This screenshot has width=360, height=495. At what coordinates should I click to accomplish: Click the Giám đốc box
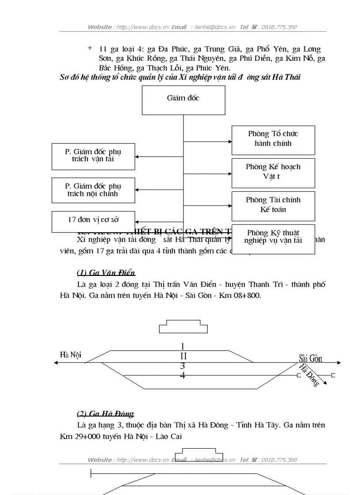183,100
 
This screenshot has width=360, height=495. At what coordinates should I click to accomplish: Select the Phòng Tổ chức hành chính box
273,140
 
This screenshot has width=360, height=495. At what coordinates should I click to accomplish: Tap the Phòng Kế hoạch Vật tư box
273,173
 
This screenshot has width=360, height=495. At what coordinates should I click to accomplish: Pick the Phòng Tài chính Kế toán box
273,206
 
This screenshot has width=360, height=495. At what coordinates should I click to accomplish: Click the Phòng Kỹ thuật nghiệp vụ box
273,239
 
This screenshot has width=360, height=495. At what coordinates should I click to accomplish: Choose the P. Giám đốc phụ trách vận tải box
93,156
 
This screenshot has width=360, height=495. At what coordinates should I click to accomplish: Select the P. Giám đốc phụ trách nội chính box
93,190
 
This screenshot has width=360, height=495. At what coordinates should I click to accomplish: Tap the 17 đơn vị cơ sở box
93,221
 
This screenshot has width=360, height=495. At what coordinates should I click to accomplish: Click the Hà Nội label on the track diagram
71,355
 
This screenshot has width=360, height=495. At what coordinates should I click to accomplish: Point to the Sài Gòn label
310,358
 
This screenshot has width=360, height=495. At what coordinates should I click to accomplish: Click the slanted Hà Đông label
309,375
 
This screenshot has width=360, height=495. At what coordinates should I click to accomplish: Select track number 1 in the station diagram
183,346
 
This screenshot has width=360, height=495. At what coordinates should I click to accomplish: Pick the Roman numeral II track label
183,356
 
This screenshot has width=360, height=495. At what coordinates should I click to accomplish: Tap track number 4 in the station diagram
183,376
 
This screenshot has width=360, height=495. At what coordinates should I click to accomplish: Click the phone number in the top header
279,27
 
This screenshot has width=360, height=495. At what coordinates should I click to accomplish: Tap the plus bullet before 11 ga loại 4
90,48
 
